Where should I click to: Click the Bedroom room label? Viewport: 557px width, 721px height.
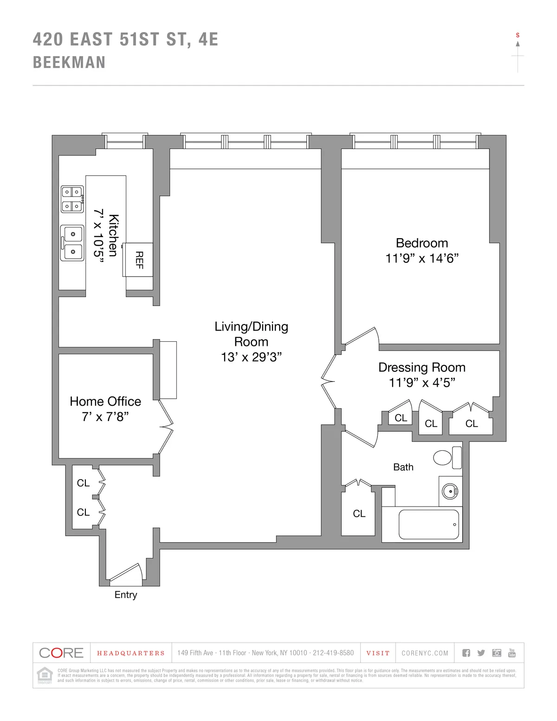[421, 243]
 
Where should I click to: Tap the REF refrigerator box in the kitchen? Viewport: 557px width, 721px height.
[138, 260]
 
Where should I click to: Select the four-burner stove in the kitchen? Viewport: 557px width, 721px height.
[72, 199]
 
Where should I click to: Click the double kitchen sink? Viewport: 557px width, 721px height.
[72, 243]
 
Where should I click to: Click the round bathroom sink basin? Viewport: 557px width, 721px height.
[449, 491]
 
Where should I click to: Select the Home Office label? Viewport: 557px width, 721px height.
[105, 402]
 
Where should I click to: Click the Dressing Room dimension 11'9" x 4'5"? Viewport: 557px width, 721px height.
[421, 383]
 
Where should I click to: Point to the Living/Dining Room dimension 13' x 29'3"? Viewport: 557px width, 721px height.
[251, 357]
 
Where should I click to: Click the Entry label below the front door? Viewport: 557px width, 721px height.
[126, 595]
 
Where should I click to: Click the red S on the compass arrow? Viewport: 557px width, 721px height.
[518, 35]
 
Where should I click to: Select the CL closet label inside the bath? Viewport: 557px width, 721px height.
[359, 513]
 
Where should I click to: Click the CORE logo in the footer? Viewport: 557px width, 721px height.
[61, 653]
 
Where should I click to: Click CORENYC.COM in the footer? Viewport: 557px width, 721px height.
[425, 653]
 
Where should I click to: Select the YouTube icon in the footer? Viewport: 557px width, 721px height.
[512, 653]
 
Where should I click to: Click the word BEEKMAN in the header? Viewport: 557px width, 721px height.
[69, 63]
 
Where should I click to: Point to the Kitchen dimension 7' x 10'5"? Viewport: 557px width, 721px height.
[99, 236]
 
